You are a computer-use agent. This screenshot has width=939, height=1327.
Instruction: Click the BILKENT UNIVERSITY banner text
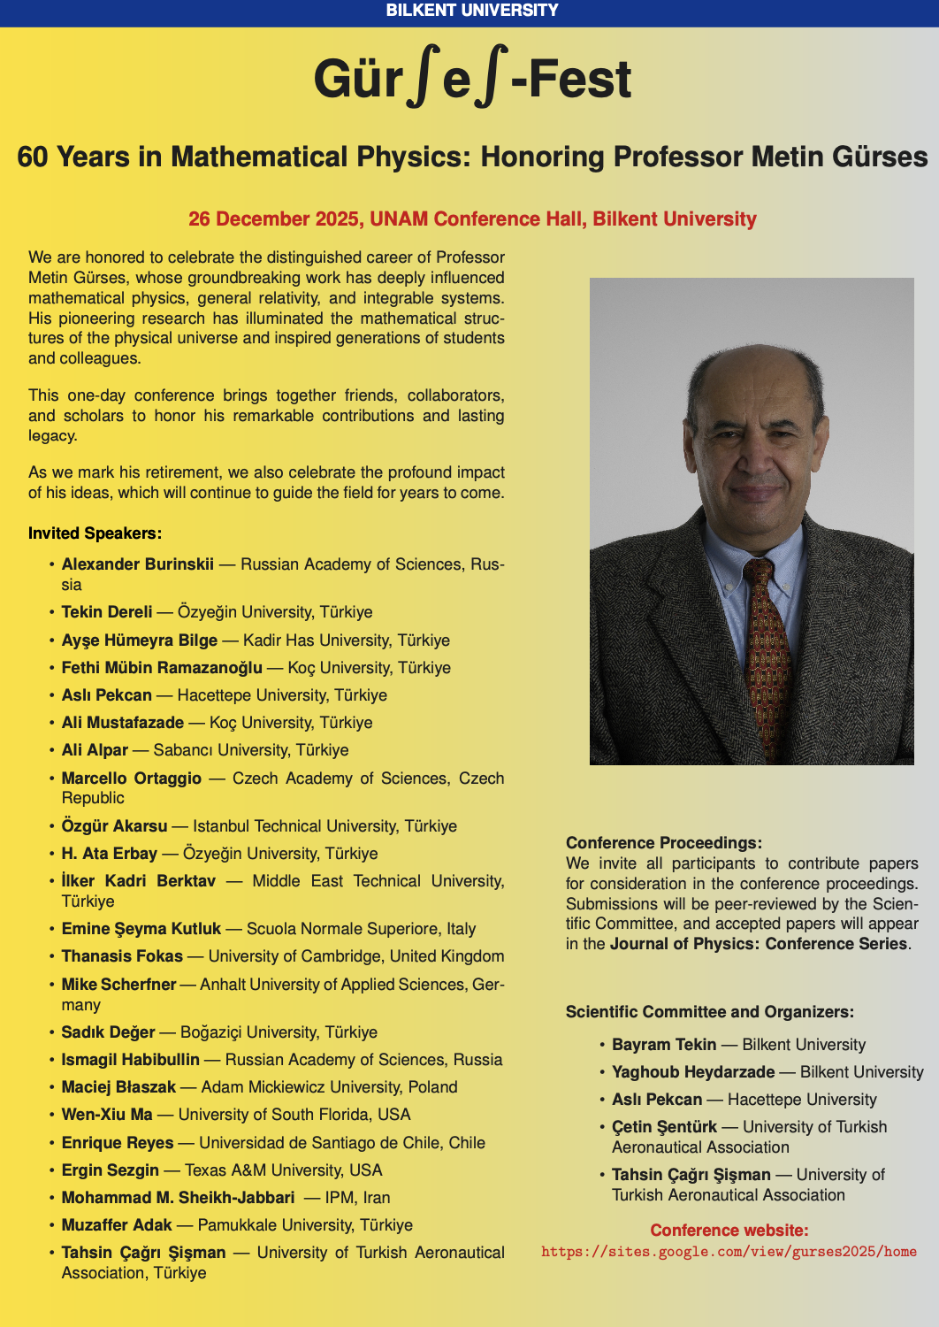(472, 11)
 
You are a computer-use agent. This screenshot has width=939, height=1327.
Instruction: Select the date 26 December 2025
(274, 219)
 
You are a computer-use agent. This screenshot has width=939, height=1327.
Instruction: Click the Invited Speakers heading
(95, 533)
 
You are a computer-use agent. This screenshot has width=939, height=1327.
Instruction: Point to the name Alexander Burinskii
(138, 564)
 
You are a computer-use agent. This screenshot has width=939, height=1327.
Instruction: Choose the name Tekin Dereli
(107, 612)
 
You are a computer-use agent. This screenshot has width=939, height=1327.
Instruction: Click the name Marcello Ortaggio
(132, 779)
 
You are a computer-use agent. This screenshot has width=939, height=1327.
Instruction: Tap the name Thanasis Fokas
(122, 956)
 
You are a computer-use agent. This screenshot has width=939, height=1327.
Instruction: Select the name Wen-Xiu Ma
(107, 1115)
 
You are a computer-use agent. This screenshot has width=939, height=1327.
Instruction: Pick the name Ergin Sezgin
(111, 1170)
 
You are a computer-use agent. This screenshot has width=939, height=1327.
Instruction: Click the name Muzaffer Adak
(117, 1225)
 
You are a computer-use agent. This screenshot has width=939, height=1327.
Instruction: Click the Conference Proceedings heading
(664, 843)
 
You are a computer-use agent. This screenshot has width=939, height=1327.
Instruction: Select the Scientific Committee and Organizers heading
(710, 1012)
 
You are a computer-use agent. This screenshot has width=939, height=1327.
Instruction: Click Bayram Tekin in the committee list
(664, 1045)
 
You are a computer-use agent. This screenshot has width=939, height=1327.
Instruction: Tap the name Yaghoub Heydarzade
(693, 1072)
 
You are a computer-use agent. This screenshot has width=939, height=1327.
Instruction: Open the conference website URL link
(729, 1252)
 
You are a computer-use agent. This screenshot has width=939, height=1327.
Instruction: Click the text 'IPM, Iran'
(357, 1198)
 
